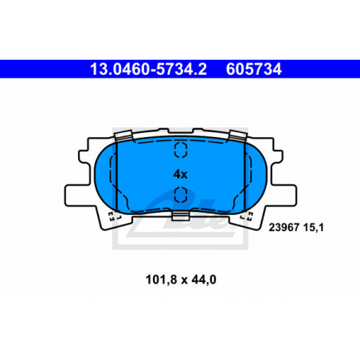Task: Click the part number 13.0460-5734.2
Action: pos(148,69)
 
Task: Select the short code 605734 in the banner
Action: pos(254,69)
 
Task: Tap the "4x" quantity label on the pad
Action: pos(181,174)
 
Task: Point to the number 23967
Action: pos(284,228)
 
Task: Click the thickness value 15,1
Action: pos(314,228)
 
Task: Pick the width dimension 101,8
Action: pos(161,280)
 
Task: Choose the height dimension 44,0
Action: pos(204,280)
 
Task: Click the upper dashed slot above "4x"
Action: pos(181,150)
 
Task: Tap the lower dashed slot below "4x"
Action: pos(181,194)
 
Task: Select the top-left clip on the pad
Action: pos(123,135)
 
